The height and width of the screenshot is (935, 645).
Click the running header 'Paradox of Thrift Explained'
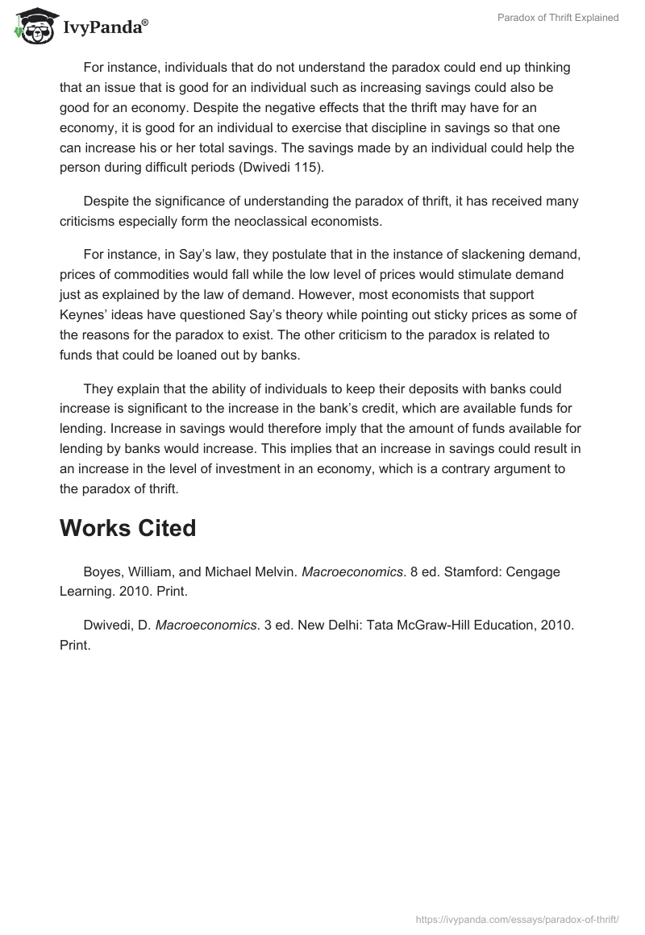pos(557,18)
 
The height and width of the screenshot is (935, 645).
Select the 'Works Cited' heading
pos(127,528)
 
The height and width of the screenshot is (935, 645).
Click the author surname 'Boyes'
pos(102,571)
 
